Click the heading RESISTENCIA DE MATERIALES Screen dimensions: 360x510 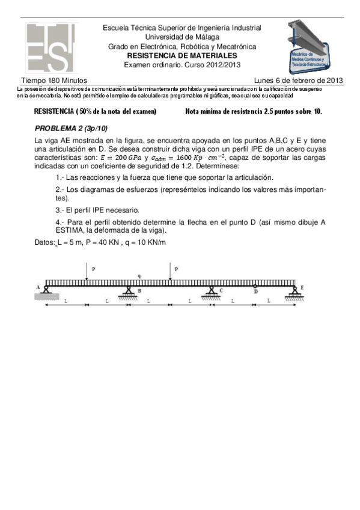click(x=182, y=55)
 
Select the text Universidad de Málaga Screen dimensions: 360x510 click(x=182, y=37)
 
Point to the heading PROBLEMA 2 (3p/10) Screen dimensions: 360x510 click(x=71, y=129)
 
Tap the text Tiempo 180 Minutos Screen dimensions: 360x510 click(x=54, y=80)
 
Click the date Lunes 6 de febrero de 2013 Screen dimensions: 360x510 click(x=299, y=80)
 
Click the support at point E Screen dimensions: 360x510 click(x=294, y=292)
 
